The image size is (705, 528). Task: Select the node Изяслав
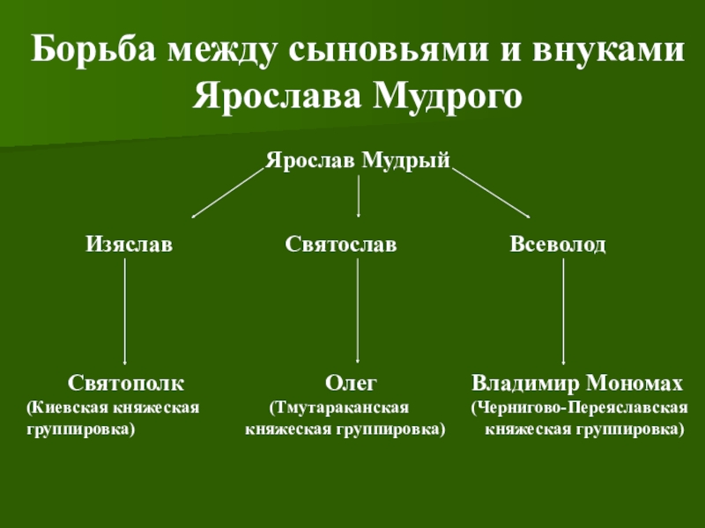[x=130, y=244]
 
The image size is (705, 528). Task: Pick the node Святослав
[x=341, y=244]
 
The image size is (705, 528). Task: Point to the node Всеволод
[x=558, y=244]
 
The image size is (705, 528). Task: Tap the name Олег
[x=351, y=383]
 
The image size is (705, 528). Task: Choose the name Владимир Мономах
[x=577, y=383]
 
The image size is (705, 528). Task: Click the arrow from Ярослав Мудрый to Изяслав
[x=228, y=193]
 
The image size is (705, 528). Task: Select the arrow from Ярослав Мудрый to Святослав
[x=359, y=195]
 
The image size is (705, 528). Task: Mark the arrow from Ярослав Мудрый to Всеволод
[x=491, y=193]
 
